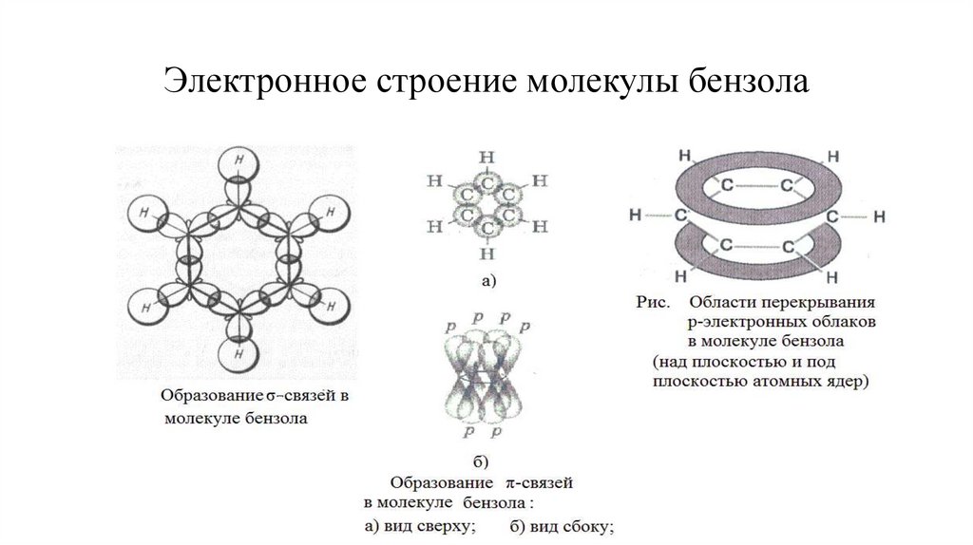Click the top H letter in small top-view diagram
pos(487,157)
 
